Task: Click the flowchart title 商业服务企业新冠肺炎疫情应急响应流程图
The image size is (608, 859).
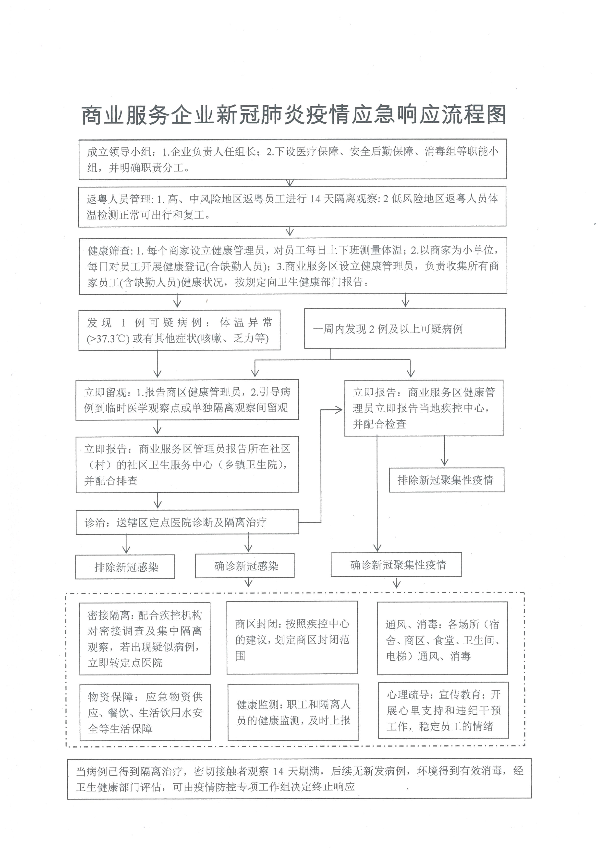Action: (x=294, y=115)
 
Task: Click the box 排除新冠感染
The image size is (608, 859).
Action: (x=125, y=567)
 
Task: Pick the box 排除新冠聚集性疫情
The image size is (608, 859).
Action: (x=446, y=480)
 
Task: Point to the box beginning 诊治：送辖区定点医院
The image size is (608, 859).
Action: (x=187, y=522)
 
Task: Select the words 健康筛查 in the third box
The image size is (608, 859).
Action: (x=109, y=250)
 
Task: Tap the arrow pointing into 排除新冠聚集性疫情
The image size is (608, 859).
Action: (x=444, y=460)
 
